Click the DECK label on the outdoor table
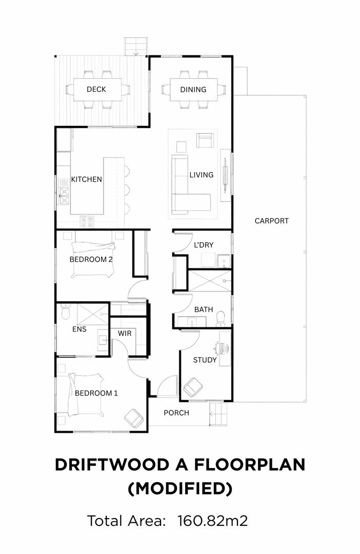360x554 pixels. pyautogui.click(x=96, y=89)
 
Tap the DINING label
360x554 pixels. pyautogui.click(x=193, y=90)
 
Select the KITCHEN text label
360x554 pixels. pyautogui.click(x=87, y=180)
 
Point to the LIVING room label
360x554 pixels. pyautogui.click(x=202, y=175)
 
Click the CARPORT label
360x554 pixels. pyautogui.click(x=272, y=221)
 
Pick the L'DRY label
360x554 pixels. pyautogui.click(x=204, y=245)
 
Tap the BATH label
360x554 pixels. pyautogui.click(x=204, y=309)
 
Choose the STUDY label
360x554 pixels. pyautogui.click(x=205, y=360)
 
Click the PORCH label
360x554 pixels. pyautogui.click(x=176, y=412)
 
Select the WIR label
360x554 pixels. pyautogui.click(x=125, y=333)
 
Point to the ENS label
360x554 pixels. pyautogui.click(x=79, y=329)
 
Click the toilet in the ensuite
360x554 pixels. pyautogui.click(x=66, y=312)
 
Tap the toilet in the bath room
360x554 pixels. pyautogui.click(x=221, y=318)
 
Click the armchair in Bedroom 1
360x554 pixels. pyautogui.click(x=134, y=418)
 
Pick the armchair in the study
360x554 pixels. pyautogui.click(x=193, y=387)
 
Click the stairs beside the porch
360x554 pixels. pyautogui.click(x=218, y=414)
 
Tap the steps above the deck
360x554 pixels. pyautogui.click(x=135, y=46)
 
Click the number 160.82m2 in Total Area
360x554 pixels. pyautogui.click(x=213, y=521)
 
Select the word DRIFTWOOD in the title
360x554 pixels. pyautogui.click(x=112, y=465)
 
